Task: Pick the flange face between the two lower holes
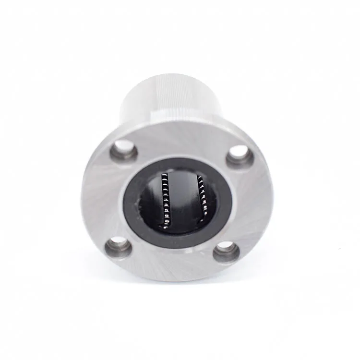pyautogui.click(x=175, y=262)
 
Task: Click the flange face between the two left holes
pyautogui.click(x=103, y=199)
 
